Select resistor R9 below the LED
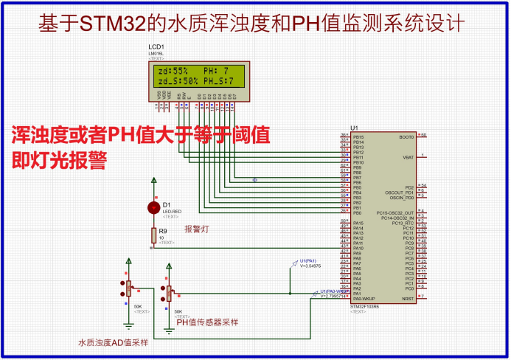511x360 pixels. click(x=153, y=235)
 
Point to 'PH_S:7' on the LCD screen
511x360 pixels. click(x=219, y=80)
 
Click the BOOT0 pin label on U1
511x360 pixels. click(x=406, y=136)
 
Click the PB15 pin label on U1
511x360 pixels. click(x=358, y=136)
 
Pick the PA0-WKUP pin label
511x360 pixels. click(x=364, y=298)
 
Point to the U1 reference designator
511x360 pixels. click(x=355, y=128)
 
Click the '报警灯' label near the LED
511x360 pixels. click(x=197, y=229)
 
